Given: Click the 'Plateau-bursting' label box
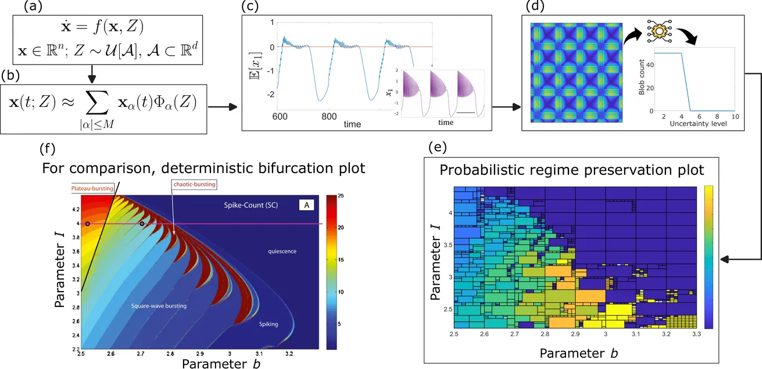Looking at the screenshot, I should point(92,188).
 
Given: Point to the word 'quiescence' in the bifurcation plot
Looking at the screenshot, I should point(282,251).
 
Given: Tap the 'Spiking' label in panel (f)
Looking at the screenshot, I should point(268,324).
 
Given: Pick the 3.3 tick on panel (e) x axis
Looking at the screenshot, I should point(696,335).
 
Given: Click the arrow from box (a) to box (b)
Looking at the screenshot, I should point(91,61).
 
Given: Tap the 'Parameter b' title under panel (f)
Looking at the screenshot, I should point(214,364).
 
